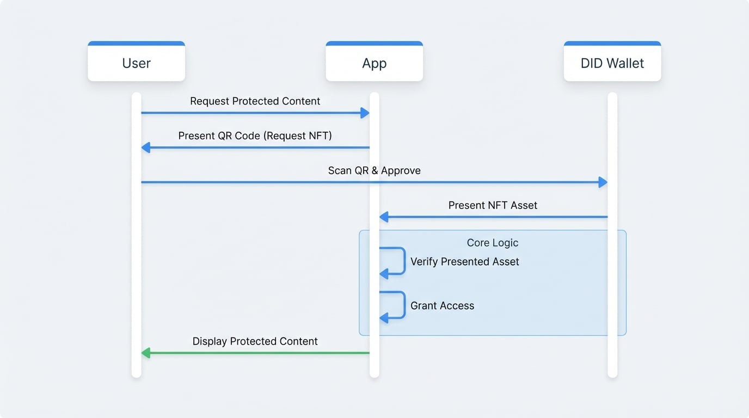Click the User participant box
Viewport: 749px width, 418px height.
(136, 63)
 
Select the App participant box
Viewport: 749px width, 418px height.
(374, 63)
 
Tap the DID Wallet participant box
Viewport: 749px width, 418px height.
(612, 63)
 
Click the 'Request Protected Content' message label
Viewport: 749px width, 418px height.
(255, 101)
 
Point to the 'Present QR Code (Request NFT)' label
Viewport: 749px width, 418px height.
(255, 136)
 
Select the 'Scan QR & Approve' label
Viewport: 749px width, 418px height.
(374, 170)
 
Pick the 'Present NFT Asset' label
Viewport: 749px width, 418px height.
(493, 205)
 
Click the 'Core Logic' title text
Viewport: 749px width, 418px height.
(493, 243)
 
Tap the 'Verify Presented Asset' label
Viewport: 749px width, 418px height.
(464, 262)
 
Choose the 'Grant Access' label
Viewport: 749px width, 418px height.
(442, 306)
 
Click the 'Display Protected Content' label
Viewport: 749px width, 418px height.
(255, 341)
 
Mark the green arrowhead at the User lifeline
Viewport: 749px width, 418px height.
(145, 353)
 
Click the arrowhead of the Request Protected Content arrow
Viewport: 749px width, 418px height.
(365, 113)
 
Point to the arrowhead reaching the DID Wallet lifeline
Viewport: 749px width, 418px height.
(603, 182)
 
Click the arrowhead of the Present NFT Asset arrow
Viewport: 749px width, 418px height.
(384, 217)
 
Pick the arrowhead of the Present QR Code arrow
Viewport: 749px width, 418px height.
(145, 147)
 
